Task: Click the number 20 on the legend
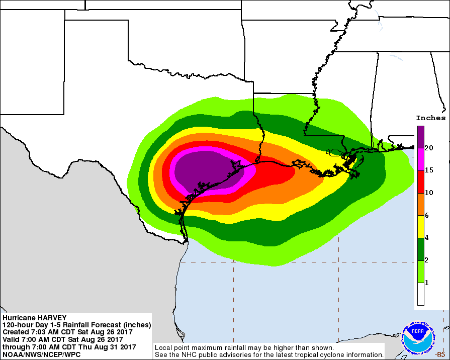[x=429, y=148]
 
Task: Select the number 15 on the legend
[x=429, y=170]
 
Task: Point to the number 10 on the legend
[x=429, y=193]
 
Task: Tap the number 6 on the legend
[x=427, y=215]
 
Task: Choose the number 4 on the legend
[x=427, y=238]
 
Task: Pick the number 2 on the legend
[x=427, y=260]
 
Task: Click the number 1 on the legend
[x=427, y=283]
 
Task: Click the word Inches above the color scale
[x=430, y=118]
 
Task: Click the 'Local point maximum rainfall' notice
[x=244, y=347]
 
